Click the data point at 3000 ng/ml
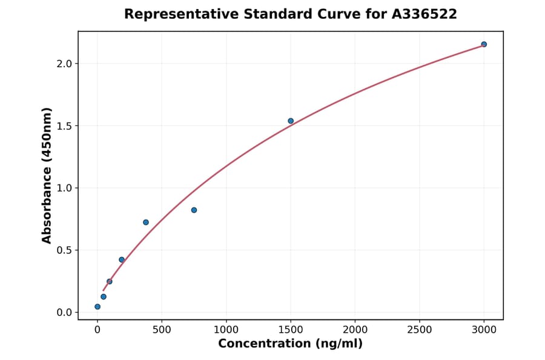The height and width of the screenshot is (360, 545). click(x=484, y=44)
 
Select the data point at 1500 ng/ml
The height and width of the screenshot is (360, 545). click(x=291, y=121)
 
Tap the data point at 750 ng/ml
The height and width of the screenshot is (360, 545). click(x=194, y=210)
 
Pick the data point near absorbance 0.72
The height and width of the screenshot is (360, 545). click(x=146, y=222)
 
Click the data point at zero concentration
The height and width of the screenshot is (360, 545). click(x=97, y=307)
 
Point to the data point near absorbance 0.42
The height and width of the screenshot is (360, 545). click(x=122, y=260)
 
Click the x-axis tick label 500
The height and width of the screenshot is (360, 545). click(x=162, y=330)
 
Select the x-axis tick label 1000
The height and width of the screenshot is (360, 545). click(x=226, y=330)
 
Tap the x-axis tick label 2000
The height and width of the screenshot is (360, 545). click(x=355, y=330)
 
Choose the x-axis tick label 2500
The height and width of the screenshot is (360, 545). click(x=419, y=330)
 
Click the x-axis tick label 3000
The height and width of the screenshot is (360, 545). click(x=484, y=330)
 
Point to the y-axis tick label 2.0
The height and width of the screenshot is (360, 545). click(x=64, y=64)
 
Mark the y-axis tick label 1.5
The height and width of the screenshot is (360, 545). click(x=64, y=126)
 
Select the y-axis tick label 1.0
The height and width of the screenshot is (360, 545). click(x=64, y=188)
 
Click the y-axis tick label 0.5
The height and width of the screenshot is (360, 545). click(x=64, y=250)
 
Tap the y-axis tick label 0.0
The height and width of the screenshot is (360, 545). click(x=64, y=313)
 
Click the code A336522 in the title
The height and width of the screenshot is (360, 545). click(x=424, y=14)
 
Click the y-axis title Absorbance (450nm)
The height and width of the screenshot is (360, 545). click(x=47, y=175)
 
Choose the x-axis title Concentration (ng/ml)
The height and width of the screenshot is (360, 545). click(x=290, y=344)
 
